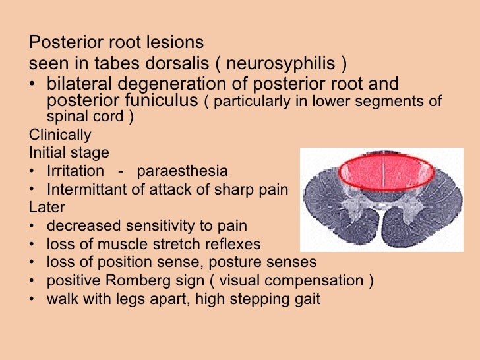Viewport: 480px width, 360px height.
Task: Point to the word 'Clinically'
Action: (x=60, y=135)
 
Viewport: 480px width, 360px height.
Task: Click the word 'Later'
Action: (x=47, y=207)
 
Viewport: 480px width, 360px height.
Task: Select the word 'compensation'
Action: (x=311, y=280)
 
